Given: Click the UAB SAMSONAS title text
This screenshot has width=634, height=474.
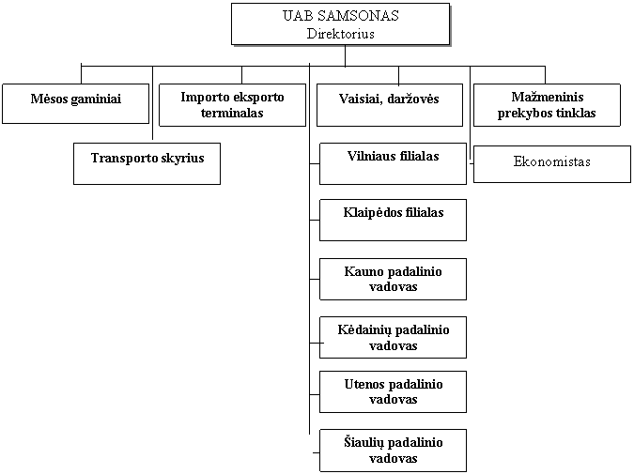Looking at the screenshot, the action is pyautogui.click(x=340, y=16).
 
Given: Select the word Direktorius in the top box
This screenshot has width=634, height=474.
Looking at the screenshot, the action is pyautogui.click(x=340, y=34).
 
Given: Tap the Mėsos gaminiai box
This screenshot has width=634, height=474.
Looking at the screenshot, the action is pyautogui.click(x=76, y=103).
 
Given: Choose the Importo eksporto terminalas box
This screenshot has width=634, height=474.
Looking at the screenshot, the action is pyautogui.click(x=233, y=105).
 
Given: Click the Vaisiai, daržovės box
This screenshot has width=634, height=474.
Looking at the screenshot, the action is pyautogui.click(x=390, y=105).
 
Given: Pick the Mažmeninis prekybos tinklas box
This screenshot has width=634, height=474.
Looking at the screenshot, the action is pyautogui.click(x=547, y=105).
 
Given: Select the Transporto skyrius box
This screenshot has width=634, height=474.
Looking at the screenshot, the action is pyautogui.click(x=147, y=163).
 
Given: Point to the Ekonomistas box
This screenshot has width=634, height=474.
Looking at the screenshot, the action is pyautogui.click(x=552, y=164).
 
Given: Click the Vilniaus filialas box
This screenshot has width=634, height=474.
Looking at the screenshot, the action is pyautogui.click(x=393, y=163).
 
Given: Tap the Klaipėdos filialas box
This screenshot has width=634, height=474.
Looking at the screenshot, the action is pyautogui.click(x=393, y=220).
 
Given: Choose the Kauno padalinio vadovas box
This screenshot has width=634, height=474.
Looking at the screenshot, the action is pyautogui.click(x=393, y=279).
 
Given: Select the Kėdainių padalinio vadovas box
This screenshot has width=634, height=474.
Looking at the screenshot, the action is pyautogui.click(x=393, y=337).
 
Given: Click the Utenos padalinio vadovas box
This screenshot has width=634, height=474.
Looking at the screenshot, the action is pyautogui.click(x=393, y=392).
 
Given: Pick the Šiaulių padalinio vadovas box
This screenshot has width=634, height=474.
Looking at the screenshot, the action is pyautogui.click(x=393, y=451).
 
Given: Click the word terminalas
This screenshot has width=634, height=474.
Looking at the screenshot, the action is pyautogui.click(x=232, y=113).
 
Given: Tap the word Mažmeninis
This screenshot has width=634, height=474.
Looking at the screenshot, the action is pyautogui.click(x=548, y=97).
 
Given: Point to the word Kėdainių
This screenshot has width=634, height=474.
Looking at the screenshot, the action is pyautogui.click(x=365, y=330).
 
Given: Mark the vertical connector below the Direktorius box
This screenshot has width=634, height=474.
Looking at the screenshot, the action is pyautogui.click(x=346, y=55).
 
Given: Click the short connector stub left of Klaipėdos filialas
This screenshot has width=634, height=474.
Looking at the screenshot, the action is pyautogui.click(x=315, y=221).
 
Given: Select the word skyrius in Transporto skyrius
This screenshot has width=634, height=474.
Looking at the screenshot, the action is pyautogui.click(x=182, y=159).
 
